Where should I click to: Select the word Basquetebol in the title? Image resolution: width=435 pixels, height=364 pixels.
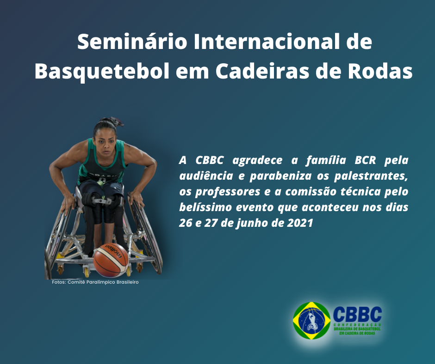pos(102,72)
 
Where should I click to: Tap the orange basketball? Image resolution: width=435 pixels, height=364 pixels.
pos(111,260)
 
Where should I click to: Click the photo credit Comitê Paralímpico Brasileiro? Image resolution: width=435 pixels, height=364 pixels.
pos(103,282)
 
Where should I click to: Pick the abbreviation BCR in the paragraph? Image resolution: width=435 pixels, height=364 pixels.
pos(365,160)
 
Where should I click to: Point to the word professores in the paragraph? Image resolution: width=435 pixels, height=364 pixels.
pos(228,192)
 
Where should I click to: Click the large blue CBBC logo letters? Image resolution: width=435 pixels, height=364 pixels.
pos(357,314)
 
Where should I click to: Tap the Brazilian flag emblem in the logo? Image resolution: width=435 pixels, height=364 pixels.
pos(312,321)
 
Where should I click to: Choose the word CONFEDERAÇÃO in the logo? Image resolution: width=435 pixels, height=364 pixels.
pos(357,325)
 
